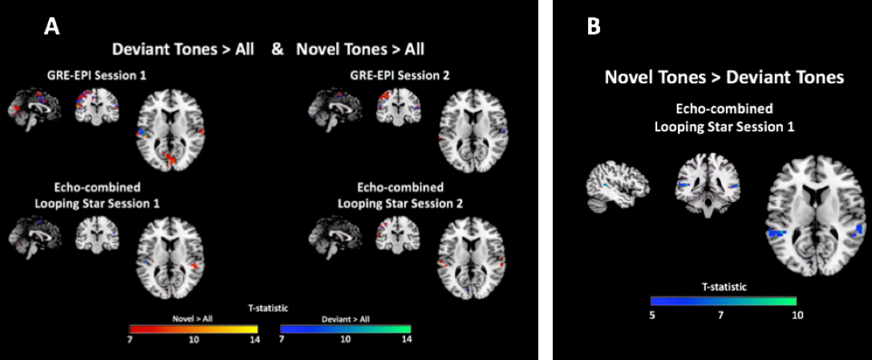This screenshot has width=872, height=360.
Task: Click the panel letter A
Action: [51, 26]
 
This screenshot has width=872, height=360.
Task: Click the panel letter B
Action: [594, 26]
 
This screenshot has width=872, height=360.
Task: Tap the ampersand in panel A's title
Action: [278, 49]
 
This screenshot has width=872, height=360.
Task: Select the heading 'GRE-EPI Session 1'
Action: [96, 75]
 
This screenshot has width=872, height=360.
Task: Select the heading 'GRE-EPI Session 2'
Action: [399, 75]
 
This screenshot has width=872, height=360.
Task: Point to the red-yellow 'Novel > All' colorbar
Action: [193, 329]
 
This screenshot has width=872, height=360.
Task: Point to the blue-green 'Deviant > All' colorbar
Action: [345, 329]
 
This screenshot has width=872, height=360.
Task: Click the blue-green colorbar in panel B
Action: [723, 301]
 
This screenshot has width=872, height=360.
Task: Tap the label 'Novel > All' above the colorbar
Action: [193, 318]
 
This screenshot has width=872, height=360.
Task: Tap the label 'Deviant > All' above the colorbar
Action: [344, 318]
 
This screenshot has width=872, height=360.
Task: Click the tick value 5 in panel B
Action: [652, 314]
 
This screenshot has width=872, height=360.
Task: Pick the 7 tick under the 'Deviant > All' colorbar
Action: [282, 339]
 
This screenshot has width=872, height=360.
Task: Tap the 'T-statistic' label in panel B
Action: [723, 285]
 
